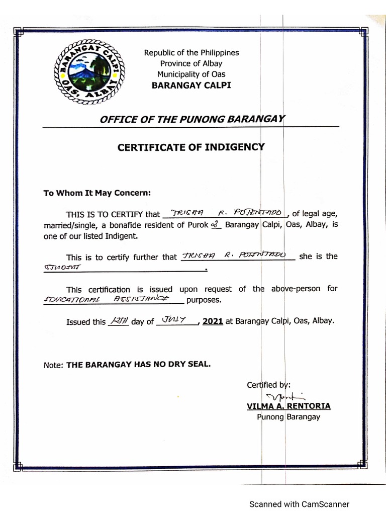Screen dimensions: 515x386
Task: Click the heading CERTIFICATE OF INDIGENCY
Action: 191,147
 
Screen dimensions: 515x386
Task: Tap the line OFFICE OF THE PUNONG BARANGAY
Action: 192,119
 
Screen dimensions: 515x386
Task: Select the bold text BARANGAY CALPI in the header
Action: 191,85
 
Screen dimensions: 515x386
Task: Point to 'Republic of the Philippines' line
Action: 191,53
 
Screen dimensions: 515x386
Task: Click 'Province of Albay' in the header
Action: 191,63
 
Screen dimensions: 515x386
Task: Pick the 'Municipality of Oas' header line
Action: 191,74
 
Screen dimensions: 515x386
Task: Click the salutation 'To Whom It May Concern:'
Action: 97,193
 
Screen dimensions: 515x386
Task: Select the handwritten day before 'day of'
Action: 119,320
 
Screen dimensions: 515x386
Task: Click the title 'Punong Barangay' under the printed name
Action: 288,417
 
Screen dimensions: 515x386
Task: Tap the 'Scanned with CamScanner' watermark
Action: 300,504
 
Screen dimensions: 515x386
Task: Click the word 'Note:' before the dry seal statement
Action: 53,366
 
